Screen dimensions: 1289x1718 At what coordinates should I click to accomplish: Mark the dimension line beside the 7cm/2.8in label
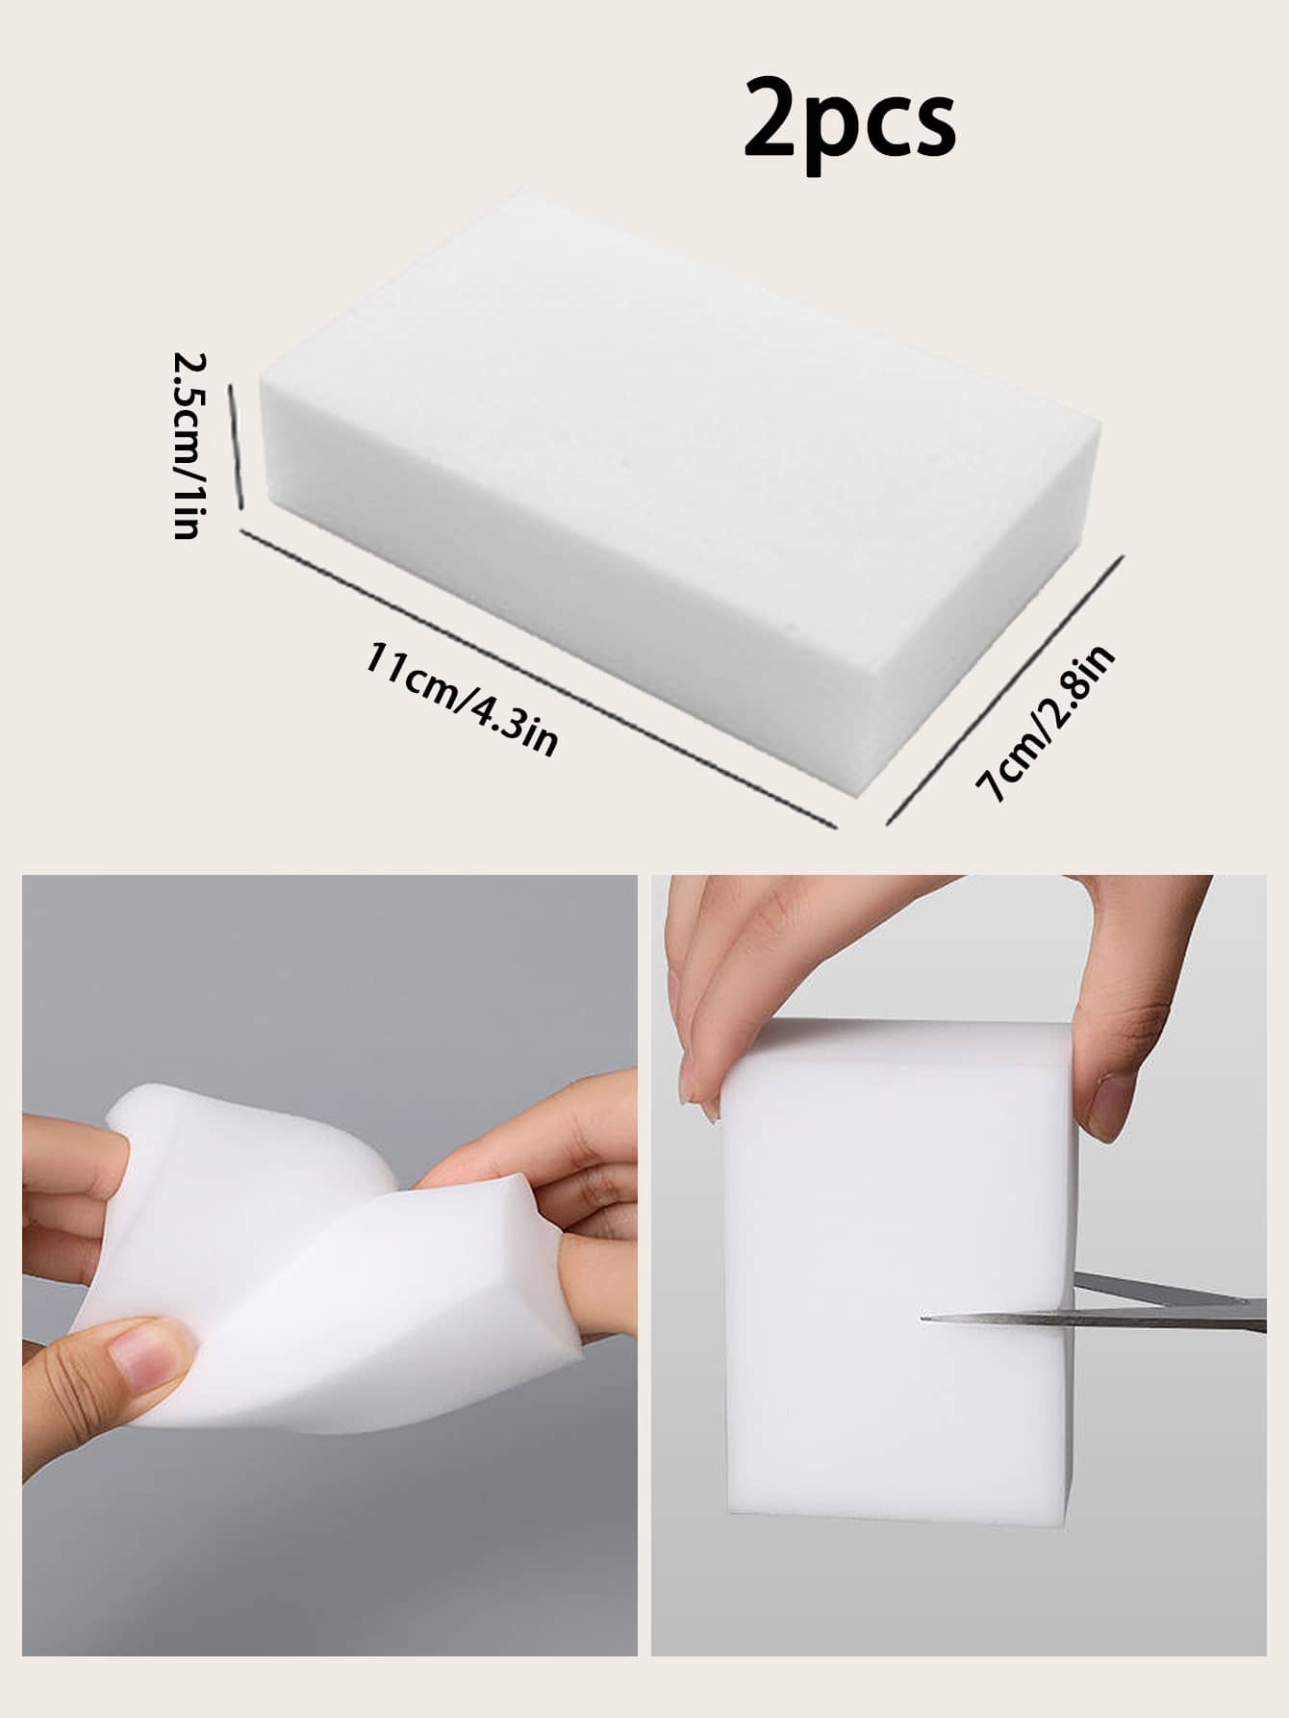click(x=1003, y=689)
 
